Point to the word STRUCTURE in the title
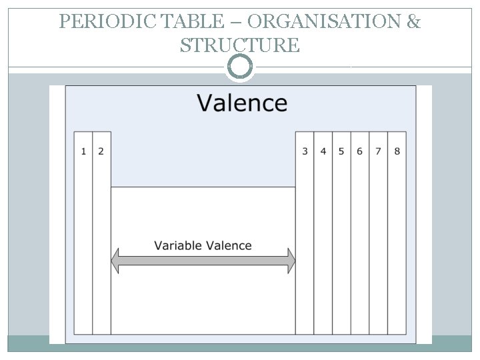tap(240, 45)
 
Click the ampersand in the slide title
tap(413, 22)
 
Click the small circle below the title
tap(240, 67)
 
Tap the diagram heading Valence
tap(242, 103)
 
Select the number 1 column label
tap(83, 151)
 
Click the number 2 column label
tap(101, 151)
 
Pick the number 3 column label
tap(305, 151)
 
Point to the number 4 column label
tap(323, 151)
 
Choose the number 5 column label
tap(341, 151)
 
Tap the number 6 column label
tap(359, 151)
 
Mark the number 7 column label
tap(378, 151)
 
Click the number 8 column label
tap(397, 151)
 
